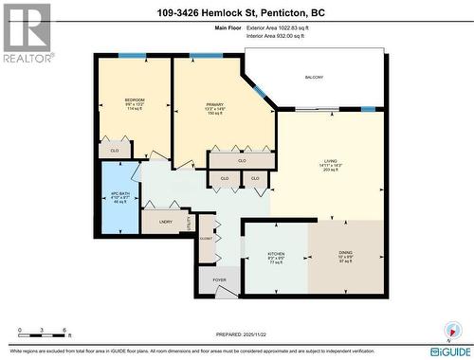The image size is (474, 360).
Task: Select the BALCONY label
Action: click(x=314, y=77)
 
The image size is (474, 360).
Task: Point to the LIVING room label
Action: click(x=329, y=162)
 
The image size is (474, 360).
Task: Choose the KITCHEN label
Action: click(x=277, y=255)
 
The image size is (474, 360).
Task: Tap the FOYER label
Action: click(x=219, y=280)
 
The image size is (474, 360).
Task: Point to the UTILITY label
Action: click(x=190, y=224)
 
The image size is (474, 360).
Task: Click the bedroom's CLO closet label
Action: click(x=114, y=150)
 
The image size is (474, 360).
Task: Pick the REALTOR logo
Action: click(x=26, y=32)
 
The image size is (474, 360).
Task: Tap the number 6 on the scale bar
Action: click(x=64, y=331)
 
